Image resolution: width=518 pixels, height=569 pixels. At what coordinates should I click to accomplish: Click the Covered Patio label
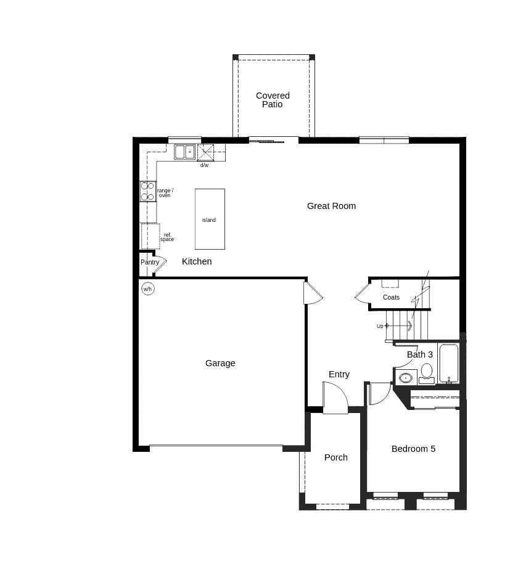273,100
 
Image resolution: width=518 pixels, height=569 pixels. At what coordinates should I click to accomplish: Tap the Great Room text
331,206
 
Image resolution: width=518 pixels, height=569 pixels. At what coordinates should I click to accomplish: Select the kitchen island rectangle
210,219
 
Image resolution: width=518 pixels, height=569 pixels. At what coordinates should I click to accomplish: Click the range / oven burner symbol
148,191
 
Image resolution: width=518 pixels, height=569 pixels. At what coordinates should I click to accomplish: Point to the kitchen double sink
184,152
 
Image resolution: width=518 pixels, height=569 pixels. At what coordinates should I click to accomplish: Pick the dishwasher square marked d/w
205,152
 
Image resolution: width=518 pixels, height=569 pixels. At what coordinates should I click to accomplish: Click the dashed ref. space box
150,236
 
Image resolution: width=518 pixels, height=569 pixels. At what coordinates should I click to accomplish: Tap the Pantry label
150,262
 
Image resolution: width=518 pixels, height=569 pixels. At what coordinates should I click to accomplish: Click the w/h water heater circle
148,289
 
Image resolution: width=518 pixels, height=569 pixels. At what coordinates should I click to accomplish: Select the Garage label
220,363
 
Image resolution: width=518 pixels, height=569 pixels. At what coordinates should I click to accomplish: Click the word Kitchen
197,261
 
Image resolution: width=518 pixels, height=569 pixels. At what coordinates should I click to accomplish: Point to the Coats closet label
391,297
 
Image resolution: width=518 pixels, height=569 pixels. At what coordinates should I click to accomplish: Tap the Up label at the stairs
380,326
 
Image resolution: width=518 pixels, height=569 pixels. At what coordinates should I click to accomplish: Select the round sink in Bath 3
406,378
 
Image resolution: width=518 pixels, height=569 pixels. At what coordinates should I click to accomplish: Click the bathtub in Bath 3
448,364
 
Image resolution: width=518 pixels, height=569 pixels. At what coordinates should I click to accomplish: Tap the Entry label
339,374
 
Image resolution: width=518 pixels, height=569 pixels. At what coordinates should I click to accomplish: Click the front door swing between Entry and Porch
335,398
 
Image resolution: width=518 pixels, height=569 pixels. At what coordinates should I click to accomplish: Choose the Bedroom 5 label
413,449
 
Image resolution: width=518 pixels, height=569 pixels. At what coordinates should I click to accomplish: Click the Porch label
336,457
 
